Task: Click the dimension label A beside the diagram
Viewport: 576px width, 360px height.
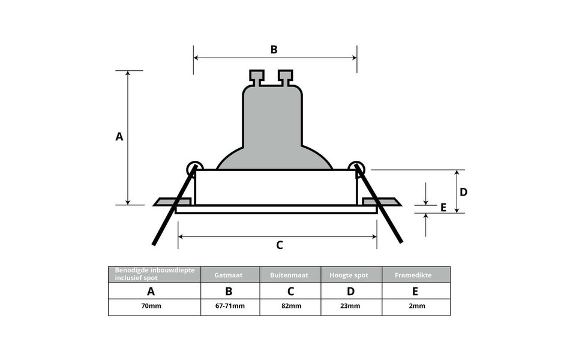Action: pyautogui.click(x=119, y=137)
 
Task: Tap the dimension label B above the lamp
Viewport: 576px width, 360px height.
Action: pyautogui.click(x=274, y=50)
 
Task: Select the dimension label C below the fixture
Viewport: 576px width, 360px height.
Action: pyautogui.click(x=279, y=245)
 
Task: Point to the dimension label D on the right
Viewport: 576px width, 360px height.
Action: pyautogui.click(x=463, y=192)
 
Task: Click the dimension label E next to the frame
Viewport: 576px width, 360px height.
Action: pyautogui.click(x=443, y=208)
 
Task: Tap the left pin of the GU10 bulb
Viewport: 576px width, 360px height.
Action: pyautogui.click(x=257, y=77)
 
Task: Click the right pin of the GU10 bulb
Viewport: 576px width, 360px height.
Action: pyautogui.click(x=286, y=77)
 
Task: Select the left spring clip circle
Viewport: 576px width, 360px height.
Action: pyautogui.click(x=194, y=169)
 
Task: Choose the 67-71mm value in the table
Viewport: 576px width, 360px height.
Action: pyautogui.click(x=230, y=307)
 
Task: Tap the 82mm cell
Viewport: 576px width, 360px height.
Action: pyautogui.click(x=290, y=307)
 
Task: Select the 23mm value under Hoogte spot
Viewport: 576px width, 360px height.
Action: pyautogui.click(x=351, y=307)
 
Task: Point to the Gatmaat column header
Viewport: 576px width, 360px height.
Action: pyautogui.click(x=230, y=275)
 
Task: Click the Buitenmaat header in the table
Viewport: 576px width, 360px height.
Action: pyautogui.click(x=290, y=275)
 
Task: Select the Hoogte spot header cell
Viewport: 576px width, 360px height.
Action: pyautogui.click(x=351, y=275)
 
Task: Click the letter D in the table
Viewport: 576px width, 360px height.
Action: pyautogui.click(x=351, y=292)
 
